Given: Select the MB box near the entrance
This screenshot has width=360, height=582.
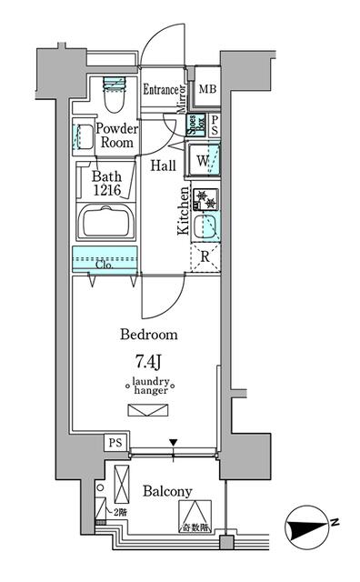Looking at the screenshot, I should coord(207,89).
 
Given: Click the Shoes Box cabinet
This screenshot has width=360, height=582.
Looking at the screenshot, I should coord(195,125).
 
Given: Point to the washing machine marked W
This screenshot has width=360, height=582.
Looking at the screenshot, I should coord(202,160).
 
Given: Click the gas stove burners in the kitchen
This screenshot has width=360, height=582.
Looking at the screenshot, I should coord(205,199).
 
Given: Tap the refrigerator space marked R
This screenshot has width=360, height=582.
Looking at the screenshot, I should coord(205,257).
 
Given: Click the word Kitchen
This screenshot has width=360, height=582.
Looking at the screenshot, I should coord(184,211).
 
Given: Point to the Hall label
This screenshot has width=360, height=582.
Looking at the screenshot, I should coord(164,166).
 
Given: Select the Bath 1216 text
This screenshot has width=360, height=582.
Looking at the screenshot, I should coord(108,185).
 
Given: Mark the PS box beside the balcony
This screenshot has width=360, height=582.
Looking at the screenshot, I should coord(115,443).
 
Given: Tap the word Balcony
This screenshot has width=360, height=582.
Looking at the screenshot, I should coord(167,491).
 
